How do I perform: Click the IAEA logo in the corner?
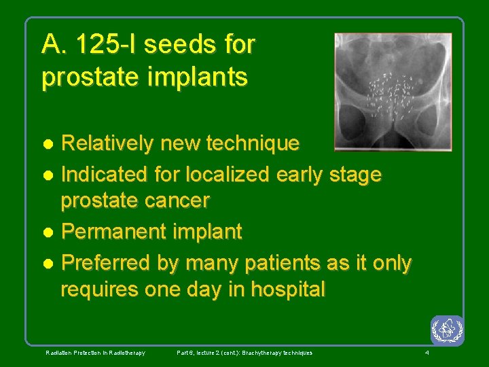tap(447, 330)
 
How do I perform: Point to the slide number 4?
tap(427, 353)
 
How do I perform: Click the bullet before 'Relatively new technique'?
tap(49, 144)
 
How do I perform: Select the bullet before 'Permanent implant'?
tap(49, 232)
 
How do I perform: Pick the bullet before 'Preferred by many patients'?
tap(49, 264)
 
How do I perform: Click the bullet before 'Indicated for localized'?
tap(49, 175)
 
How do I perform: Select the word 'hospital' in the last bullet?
tap(288, 290)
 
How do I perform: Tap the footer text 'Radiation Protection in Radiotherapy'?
tap(95, 353)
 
